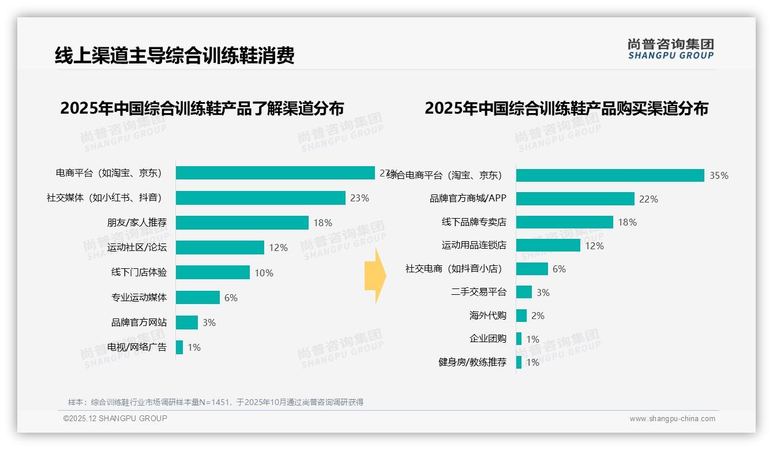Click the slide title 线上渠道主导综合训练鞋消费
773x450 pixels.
[174, 55]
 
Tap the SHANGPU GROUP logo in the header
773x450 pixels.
[670, 49]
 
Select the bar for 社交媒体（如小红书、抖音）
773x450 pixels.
[260, 198]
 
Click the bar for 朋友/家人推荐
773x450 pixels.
[242, 223]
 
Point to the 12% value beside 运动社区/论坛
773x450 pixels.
[278, 248]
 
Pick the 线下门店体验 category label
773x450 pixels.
[138, 272]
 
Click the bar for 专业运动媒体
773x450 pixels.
[197, 297]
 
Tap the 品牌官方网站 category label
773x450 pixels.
[138, 322]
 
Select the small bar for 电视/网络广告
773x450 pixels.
[179, 347]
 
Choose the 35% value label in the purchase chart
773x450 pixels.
[719, 176]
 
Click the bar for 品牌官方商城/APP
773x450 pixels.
[575, 199]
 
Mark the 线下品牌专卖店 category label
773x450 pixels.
[474, 222]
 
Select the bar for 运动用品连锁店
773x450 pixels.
[548, 245]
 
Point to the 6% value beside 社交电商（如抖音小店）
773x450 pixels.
[559, 269]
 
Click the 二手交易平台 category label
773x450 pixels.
[478, 292]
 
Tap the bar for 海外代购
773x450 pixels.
[521, 316]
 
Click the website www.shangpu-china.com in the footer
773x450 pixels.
[672, 419]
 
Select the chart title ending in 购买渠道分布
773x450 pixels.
[566, 108]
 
